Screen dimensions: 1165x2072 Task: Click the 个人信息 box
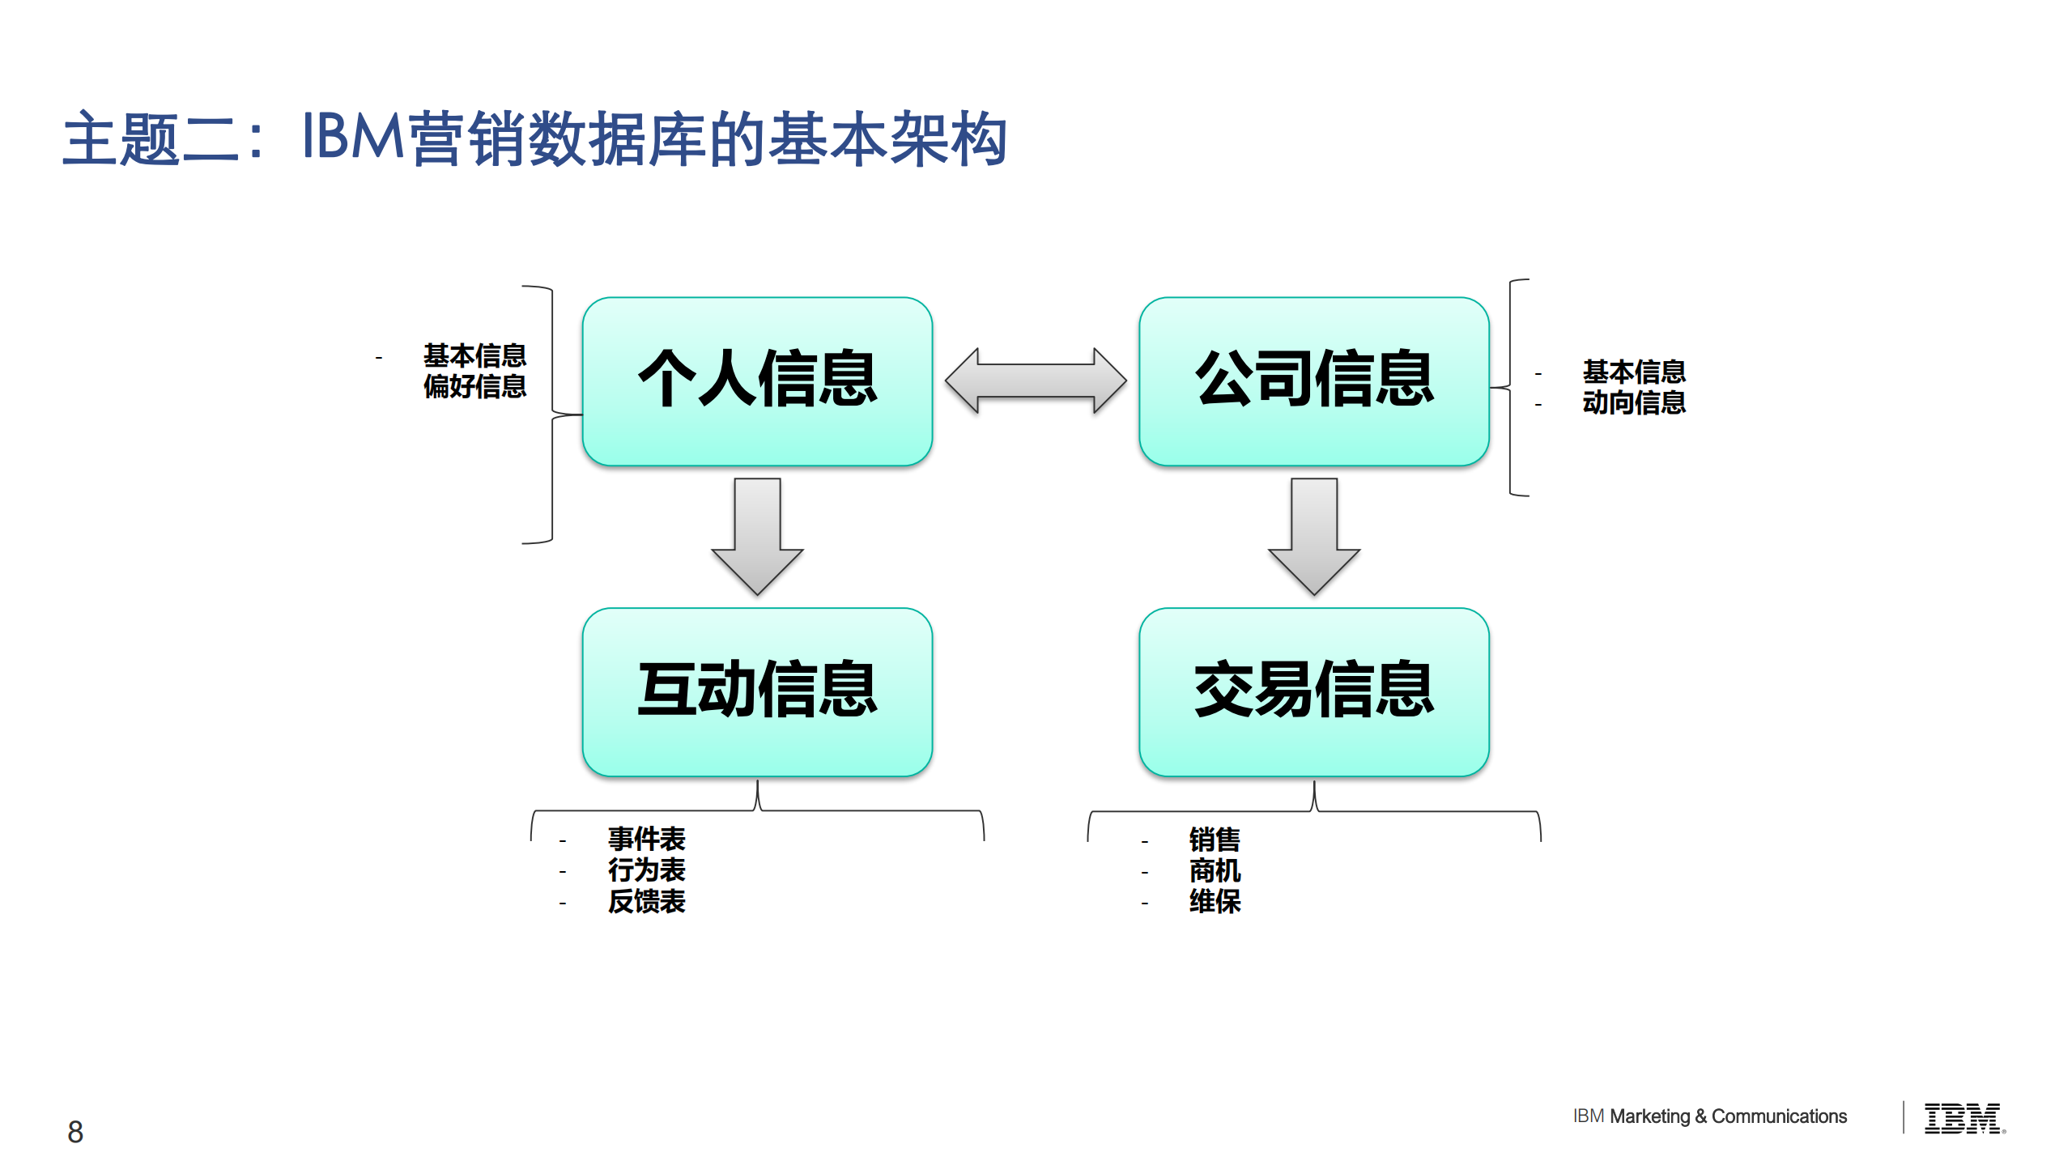click(x=757, y=381)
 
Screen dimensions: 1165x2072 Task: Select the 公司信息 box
click(x=1313, y=381)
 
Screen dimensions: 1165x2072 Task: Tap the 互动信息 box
click(x=757, y=691)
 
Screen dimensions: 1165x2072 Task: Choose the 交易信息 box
click(x=1313, y=691)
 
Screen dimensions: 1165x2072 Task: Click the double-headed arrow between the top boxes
click(x=1035, y=380)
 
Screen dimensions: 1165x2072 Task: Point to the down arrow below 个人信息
click(x=757, y=534)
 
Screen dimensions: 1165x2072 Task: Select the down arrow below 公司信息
click(x=1313, y=534)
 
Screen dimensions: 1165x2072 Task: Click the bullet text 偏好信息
click(x=474, y=387)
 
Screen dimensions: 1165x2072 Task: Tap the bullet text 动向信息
click(x=1633, y=402)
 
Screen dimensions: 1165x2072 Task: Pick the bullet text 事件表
click(x=646, y=839)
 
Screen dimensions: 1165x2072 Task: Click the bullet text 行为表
click(x=646, y=870)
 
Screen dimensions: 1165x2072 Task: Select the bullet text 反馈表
click(x=646, y=901)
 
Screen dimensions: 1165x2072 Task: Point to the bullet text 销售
click(x=1214, y=840)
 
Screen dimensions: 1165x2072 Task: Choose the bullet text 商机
click(x=1214, y=871)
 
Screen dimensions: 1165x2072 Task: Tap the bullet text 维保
click(x=1214, y=901)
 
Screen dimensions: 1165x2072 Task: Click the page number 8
click(x=75, y=1131)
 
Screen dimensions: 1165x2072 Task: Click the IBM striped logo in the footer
click(x=1963, y=1118)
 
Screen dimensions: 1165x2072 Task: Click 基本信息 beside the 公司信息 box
click(x=1633, y=372)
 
